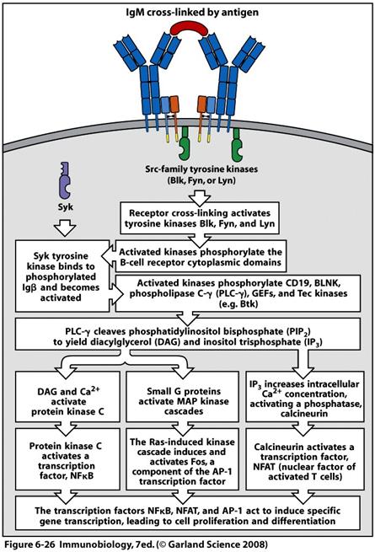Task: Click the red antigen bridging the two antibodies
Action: [x=189, y=28]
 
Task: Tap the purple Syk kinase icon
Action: [x=64, y=180]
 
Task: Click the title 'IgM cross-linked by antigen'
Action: [x=192, y=13]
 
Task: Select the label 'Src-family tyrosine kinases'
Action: [x=201, y=169]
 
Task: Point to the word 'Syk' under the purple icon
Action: [x=66, y=206]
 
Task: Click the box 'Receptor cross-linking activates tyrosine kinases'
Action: [x=200, y=218]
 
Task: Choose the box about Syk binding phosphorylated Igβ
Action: [x=62, y=276]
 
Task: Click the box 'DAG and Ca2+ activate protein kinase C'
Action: [x=68, y=397]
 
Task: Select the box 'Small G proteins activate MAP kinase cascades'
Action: [x=183, y=397]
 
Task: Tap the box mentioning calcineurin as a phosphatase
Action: [x=305, y=397]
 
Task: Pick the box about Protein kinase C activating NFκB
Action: [x=68, y=459]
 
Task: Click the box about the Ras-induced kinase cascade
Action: [x=183, y=459]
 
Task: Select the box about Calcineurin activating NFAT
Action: [x=305, y=459]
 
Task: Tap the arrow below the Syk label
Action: [x=66, y=228]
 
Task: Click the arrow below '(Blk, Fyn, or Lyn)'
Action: [x=200, y=199]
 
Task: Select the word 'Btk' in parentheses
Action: [x=249, y=304]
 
